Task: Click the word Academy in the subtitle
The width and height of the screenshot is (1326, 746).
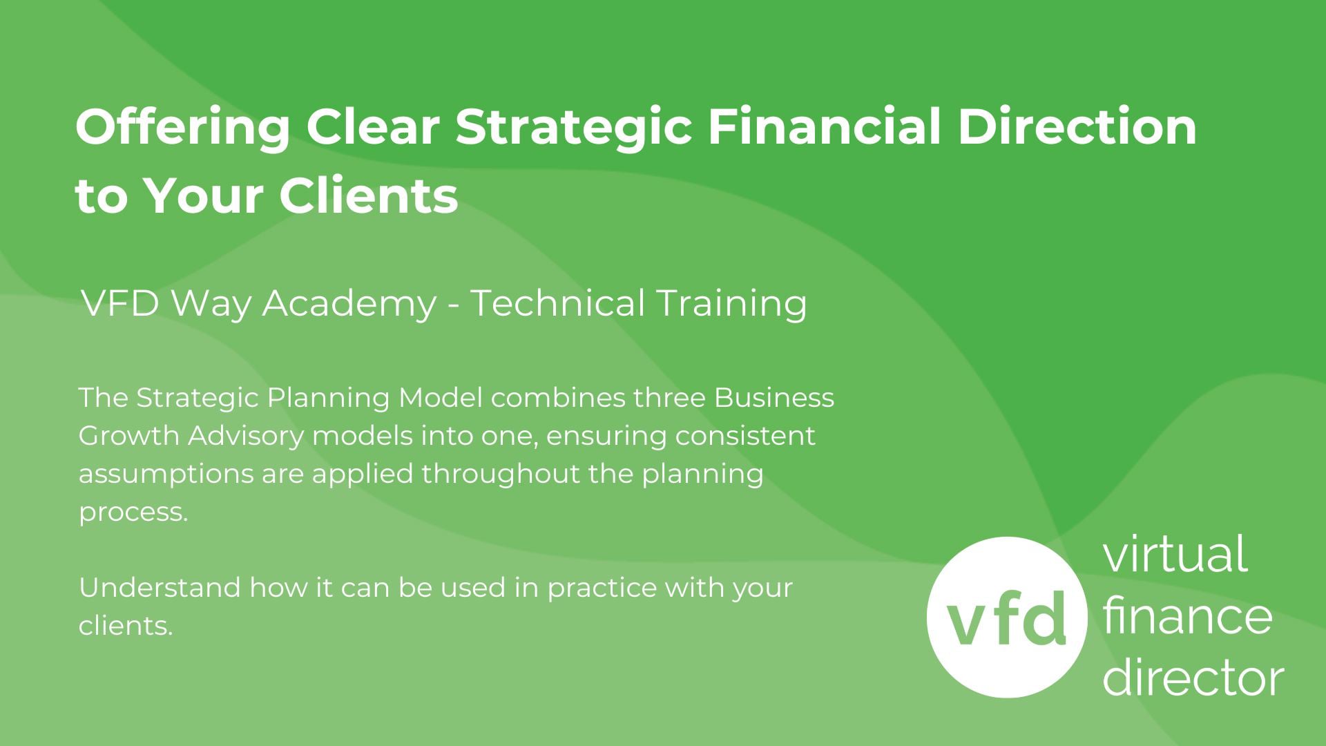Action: coord(349,305)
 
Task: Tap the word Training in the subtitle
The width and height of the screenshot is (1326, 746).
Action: coord(731,305)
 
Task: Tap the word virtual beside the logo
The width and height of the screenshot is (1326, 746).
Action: coord(1175,553)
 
